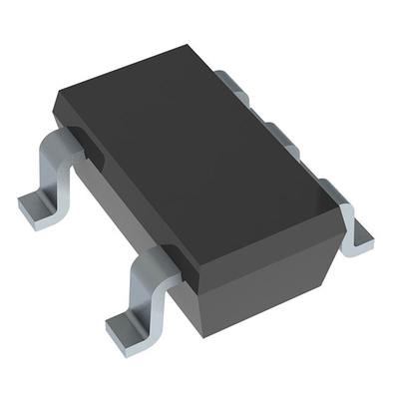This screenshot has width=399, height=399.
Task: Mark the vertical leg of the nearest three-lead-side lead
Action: click(348, 219)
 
